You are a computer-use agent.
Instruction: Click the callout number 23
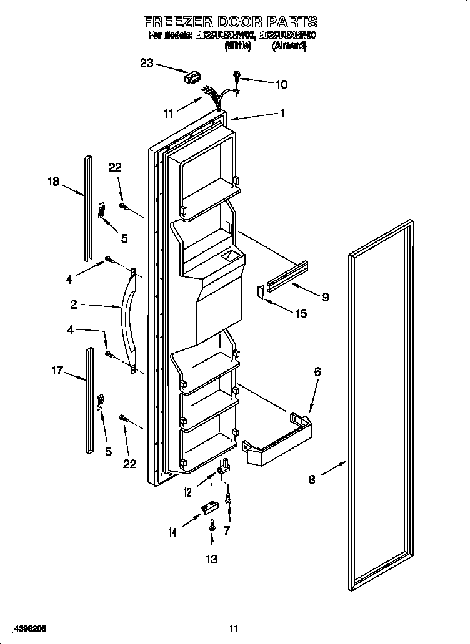(x=146, y=62)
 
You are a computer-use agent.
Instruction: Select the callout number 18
(x=54, y=182)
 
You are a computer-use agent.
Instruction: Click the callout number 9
(x=325, y=298)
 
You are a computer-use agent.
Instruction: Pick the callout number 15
(x=301, y=314)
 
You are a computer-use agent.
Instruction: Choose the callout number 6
(x=317, y=372)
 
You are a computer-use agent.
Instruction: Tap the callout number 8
(x=312, y=479)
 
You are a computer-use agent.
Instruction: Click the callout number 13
(x=212, y=559)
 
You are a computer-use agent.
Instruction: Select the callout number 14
(x=172, y=532)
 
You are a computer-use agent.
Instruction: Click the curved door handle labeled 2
(x=129, y=321)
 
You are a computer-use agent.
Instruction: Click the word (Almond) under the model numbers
(x=289, y=46)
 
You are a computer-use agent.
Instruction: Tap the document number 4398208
(x=26, y=627)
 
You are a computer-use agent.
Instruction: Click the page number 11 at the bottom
(x=234, y=628)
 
